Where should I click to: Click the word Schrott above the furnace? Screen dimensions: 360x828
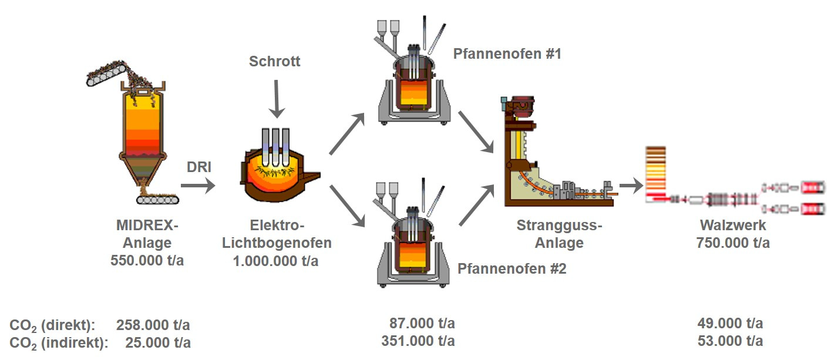[x=275, y=62]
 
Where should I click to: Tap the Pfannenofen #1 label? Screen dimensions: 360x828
[x=507, y=54]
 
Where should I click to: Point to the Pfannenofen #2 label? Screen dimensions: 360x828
[x=512, y=270]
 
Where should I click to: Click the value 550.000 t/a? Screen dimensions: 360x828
[x=147, y=261]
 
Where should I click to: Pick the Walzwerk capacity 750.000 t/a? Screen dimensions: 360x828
[x=733, y=243]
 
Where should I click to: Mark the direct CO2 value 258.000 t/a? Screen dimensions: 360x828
[x=153, y=325]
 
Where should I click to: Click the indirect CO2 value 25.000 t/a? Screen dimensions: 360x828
[x=158, y=342]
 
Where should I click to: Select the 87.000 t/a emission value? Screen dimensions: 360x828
[x=422, y=324]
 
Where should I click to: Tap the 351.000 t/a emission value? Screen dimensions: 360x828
[x=418, y=341]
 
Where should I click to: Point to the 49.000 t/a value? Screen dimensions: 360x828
[x=731, y=324]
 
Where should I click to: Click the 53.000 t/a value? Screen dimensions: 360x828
[x=731, y=341]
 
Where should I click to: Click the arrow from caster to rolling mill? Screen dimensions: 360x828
[x=632, y=186]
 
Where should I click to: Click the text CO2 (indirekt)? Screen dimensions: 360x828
[x=59, y=342]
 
